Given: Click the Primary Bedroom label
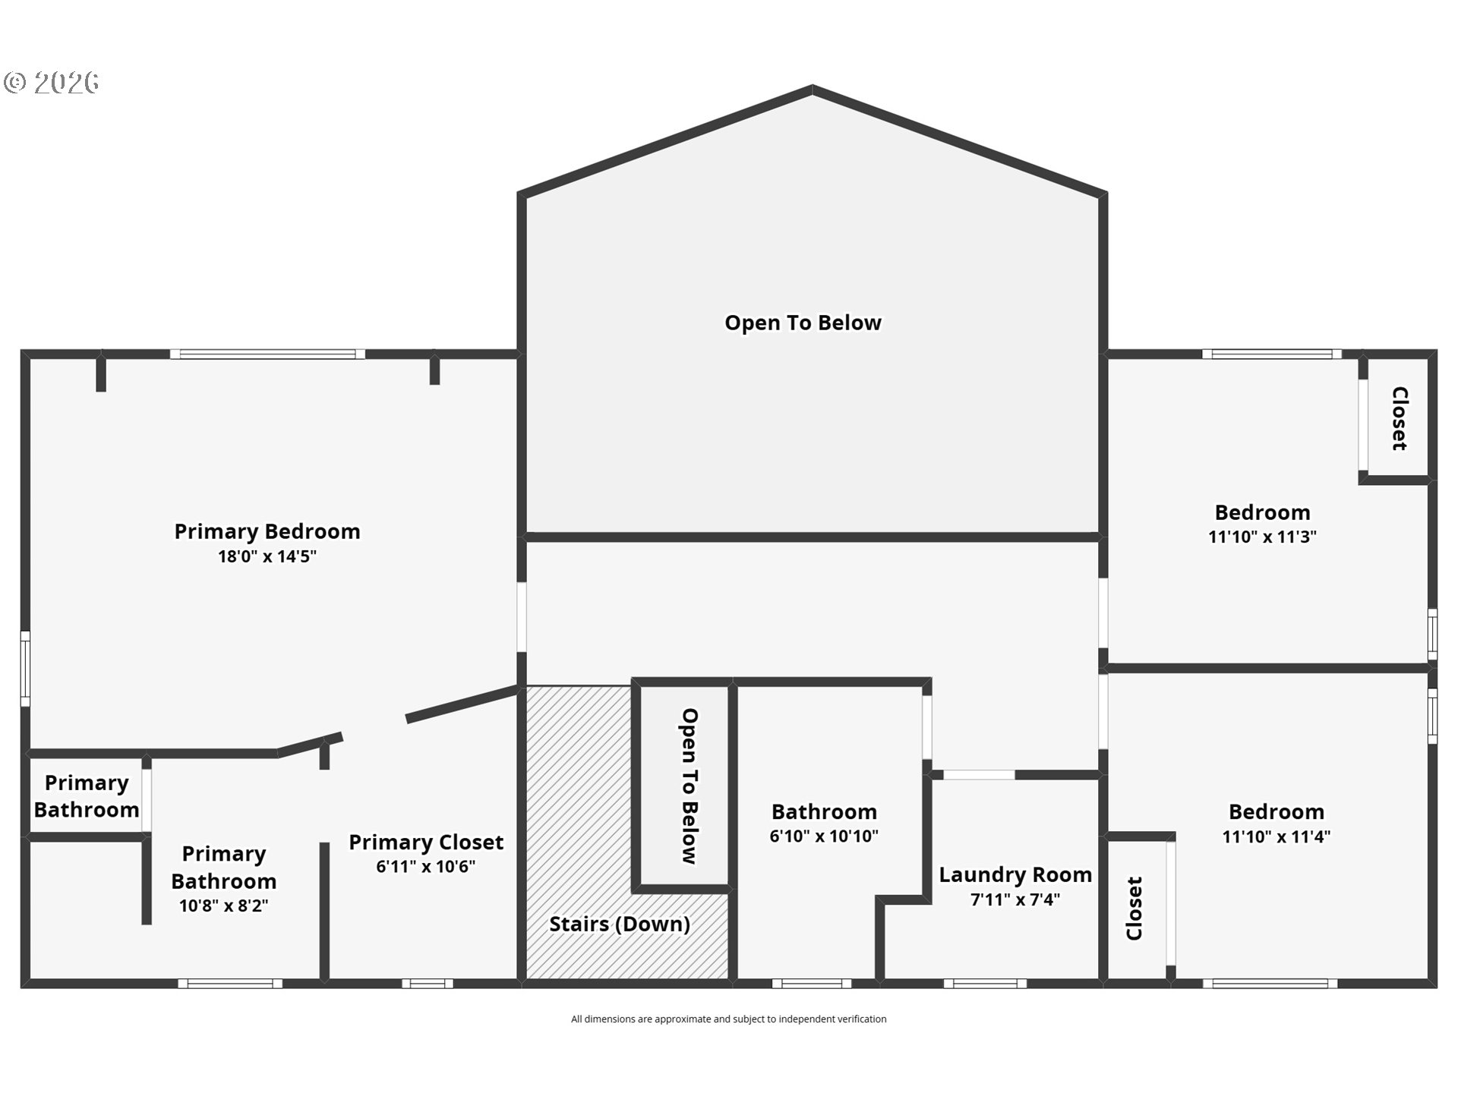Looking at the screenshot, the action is [x=267, y=531].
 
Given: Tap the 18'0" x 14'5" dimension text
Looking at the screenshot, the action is [x=267, y=556].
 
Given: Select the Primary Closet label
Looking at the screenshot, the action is [x=426, y=842].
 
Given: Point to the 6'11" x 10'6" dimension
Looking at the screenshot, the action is [x=426, y=866].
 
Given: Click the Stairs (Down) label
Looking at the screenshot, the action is [x=620, y=924].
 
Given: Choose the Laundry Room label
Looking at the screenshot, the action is [x=1015, y=874].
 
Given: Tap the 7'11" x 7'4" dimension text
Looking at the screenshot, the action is [x=1015, y=899].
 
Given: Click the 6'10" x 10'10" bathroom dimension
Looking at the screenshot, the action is [x=824, y=836].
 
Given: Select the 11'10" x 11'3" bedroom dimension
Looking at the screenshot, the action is [x=1262, y=537].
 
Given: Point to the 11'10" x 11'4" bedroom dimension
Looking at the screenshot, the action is [x=1277, y=836].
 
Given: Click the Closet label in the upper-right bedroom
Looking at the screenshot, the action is [x=1400, y=418].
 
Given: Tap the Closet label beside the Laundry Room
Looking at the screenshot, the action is [x=1135, y=909].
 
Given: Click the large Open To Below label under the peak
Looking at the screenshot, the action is [x=803, y=323].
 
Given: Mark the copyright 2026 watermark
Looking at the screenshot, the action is [x=52, y=82].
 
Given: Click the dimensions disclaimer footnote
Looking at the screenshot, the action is [x=729, y=1019].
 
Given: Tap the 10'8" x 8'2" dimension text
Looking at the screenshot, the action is [x=223, y=906].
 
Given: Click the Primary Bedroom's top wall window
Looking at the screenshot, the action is [x=267, y=354].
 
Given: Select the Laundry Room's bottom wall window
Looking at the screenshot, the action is [x=985, y=984].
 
